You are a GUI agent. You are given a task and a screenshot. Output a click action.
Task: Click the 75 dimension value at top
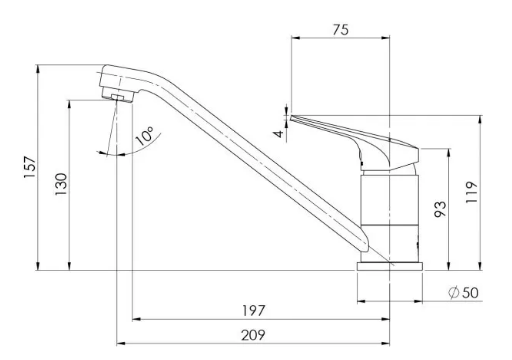pyautogui.click(x=340, y=30)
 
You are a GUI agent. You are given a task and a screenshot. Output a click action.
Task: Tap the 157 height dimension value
pyautogui.click(x=30, y=167)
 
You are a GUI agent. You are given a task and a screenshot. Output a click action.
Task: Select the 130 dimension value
pyautogui.click(x=61, y=184)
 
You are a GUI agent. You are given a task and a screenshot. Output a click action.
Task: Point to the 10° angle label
pyautogui.click(x=145, y=136)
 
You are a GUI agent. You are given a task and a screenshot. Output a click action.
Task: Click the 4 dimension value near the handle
pyautogui.click(x=279, y=134)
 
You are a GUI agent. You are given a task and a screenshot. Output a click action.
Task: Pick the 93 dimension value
pyautogui.click(x=440, y=209)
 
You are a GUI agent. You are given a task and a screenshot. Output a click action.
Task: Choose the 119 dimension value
pyautogui.click(x=471, y=192)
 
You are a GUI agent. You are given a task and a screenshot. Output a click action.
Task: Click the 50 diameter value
pyautogui.click(x=470, y=293)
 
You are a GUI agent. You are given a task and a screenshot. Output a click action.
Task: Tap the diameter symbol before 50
pyautogui.click(x=453, y=293)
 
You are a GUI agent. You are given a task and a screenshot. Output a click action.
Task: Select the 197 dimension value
pyautogui.click(x=254, y=311)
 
